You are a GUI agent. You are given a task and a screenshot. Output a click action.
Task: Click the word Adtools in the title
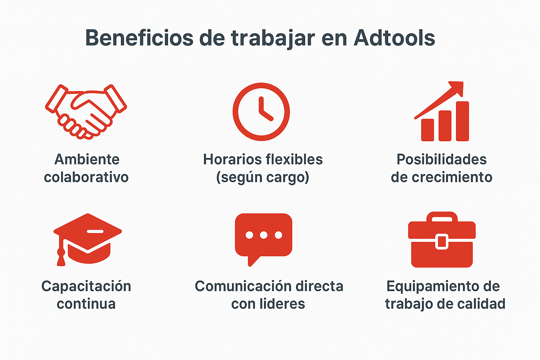click(394, 38)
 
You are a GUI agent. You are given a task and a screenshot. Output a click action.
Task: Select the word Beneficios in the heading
click(139, 38)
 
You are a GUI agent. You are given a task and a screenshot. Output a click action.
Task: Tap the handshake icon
click(86, 112)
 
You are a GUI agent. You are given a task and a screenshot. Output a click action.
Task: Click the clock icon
click(261, 112)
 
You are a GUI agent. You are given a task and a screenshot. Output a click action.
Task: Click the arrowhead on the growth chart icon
click(456, 88)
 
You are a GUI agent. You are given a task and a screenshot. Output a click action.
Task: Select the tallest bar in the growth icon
click(462, 121)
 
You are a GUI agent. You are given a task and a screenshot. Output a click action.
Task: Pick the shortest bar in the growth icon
click(427, 130)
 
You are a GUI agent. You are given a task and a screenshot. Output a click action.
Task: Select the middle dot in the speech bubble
click(263, 235)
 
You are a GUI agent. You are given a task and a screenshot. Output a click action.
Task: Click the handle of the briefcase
click(442, 217)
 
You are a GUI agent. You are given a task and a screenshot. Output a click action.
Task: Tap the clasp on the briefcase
click(442, 242)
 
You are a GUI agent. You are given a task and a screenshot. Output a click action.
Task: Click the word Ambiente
click(87, 159)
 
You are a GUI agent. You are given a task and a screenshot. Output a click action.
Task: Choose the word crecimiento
click(452, 177)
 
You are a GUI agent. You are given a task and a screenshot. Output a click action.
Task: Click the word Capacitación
click(86, 286)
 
